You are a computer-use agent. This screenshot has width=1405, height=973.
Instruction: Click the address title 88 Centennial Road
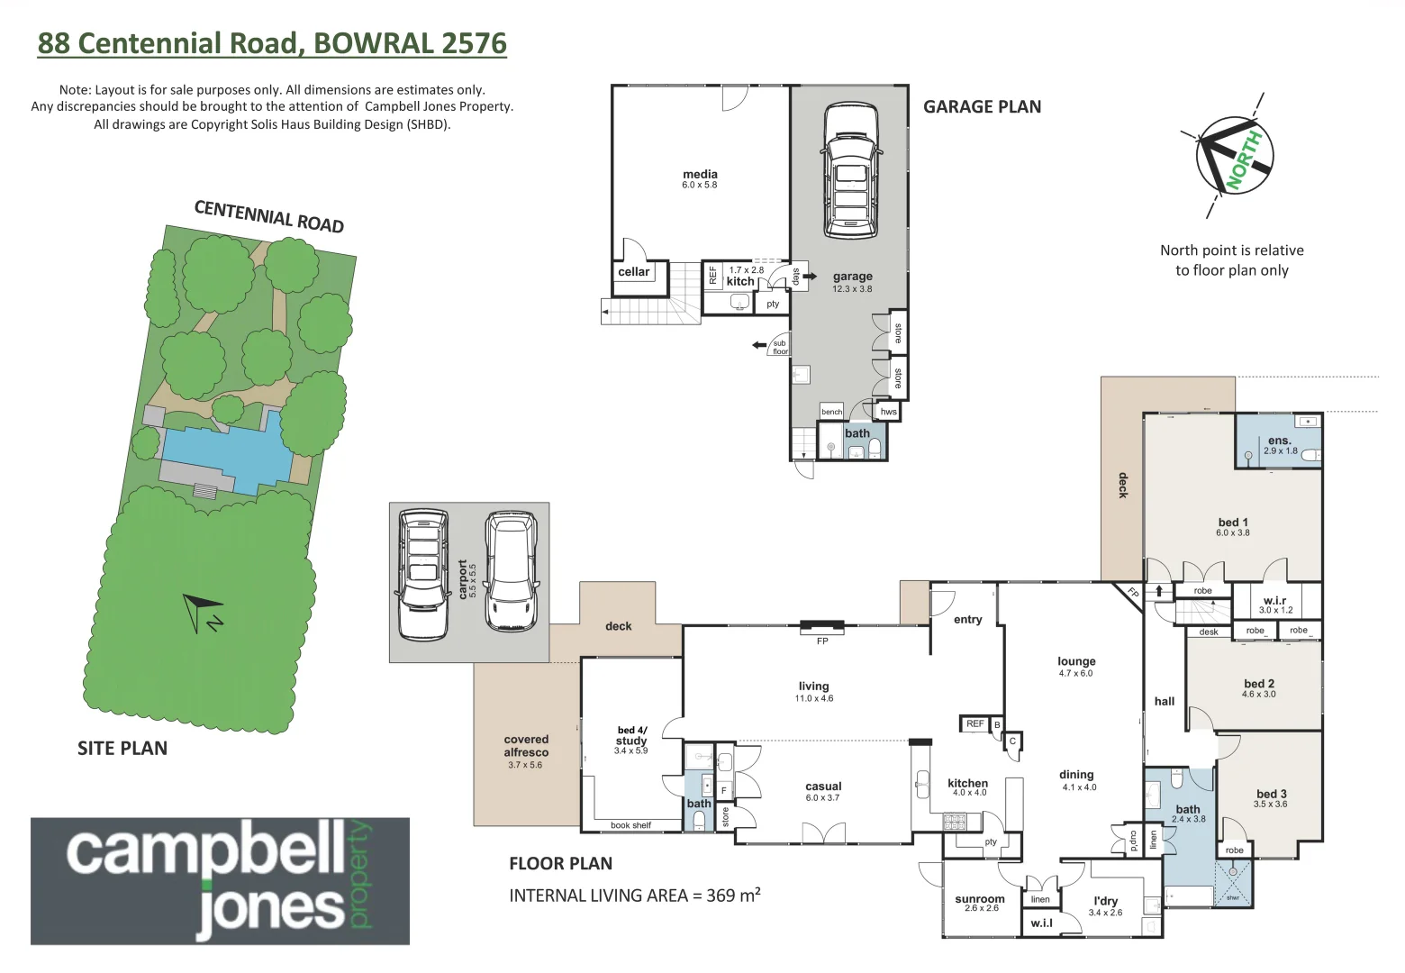click(x=271, y=43)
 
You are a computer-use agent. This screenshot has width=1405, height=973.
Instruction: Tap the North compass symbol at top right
click(x=1234, y=155)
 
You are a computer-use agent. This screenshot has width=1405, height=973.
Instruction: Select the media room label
click(x=700, y=175)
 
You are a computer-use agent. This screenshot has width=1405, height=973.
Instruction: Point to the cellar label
click(x=633, y=272)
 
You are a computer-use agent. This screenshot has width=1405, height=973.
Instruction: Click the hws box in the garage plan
click(x=888, y=412)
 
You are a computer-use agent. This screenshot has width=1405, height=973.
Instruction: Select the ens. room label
click(x=1279, y=441)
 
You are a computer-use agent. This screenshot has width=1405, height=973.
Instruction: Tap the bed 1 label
click(x=1233, y=523)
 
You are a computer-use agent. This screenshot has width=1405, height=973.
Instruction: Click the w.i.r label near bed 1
click(x=1274, y=601)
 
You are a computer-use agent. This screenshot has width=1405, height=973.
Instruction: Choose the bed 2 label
click(x=1258, y=684)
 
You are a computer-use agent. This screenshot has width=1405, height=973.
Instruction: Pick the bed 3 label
click(x=1271, y=794)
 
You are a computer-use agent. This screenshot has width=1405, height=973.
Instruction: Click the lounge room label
click(x=1076, y=661)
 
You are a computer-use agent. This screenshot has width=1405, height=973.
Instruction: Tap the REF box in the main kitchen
click(x=974, y=724)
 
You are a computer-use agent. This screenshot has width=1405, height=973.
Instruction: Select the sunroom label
click(x=980, y=899)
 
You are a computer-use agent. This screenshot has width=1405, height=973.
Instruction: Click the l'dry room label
click(x=1105, y=901)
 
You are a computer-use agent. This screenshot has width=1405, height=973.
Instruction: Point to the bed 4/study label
click(x=631, y=736)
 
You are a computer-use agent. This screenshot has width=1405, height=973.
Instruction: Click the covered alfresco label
click(x=526, y=746)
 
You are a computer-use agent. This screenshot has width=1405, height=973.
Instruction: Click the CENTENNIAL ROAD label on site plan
click(x=269, y=217)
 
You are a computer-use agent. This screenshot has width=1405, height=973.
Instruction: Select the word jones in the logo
click(x=270, y=908)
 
